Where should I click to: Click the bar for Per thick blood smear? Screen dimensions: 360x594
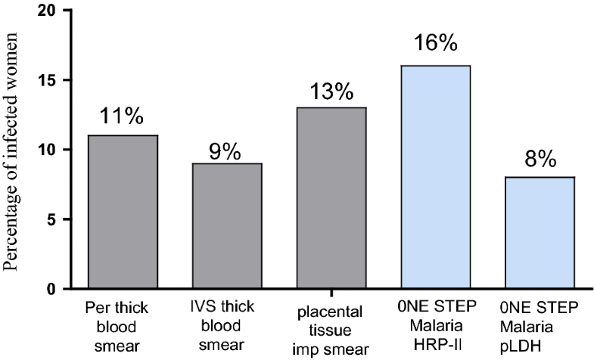(122, 212)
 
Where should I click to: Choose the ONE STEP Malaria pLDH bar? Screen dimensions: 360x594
(540, 233)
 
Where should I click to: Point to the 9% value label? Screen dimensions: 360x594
(225, 151)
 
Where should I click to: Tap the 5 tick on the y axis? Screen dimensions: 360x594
(50, 219)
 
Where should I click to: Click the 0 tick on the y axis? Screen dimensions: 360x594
(50, 289)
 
